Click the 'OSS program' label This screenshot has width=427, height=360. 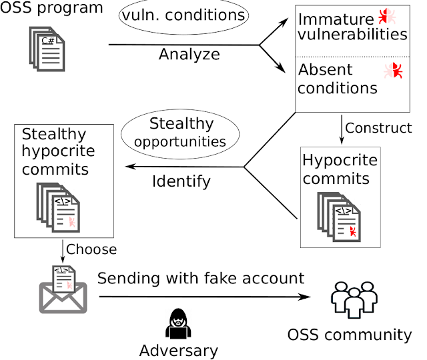click(53, 9)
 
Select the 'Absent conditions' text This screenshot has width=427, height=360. click(338, 78)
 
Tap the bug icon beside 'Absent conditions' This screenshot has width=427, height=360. click(395, 71)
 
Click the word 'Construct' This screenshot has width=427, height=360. click(379, 127)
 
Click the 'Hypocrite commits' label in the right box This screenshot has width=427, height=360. click(340, 169)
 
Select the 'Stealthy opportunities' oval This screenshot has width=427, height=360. click(181, 132)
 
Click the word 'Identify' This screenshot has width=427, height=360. click(181, 180)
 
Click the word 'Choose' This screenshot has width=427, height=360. click(91, 250)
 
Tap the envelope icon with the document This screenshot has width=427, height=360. click(64, 287)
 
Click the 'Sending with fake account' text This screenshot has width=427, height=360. click(201, 278)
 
